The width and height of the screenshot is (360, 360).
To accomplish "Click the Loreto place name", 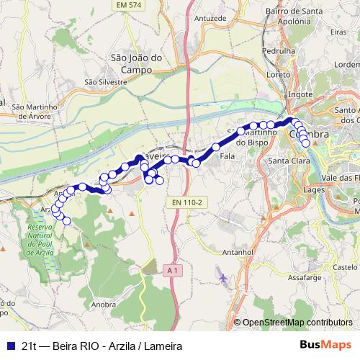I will (x=277, y=74).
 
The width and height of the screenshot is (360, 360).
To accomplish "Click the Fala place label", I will (x=228, y=156).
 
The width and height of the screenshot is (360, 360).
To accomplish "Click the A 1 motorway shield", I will (x=171, y=269).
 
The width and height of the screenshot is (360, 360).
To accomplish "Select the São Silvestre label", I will (x=106, y=82).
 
